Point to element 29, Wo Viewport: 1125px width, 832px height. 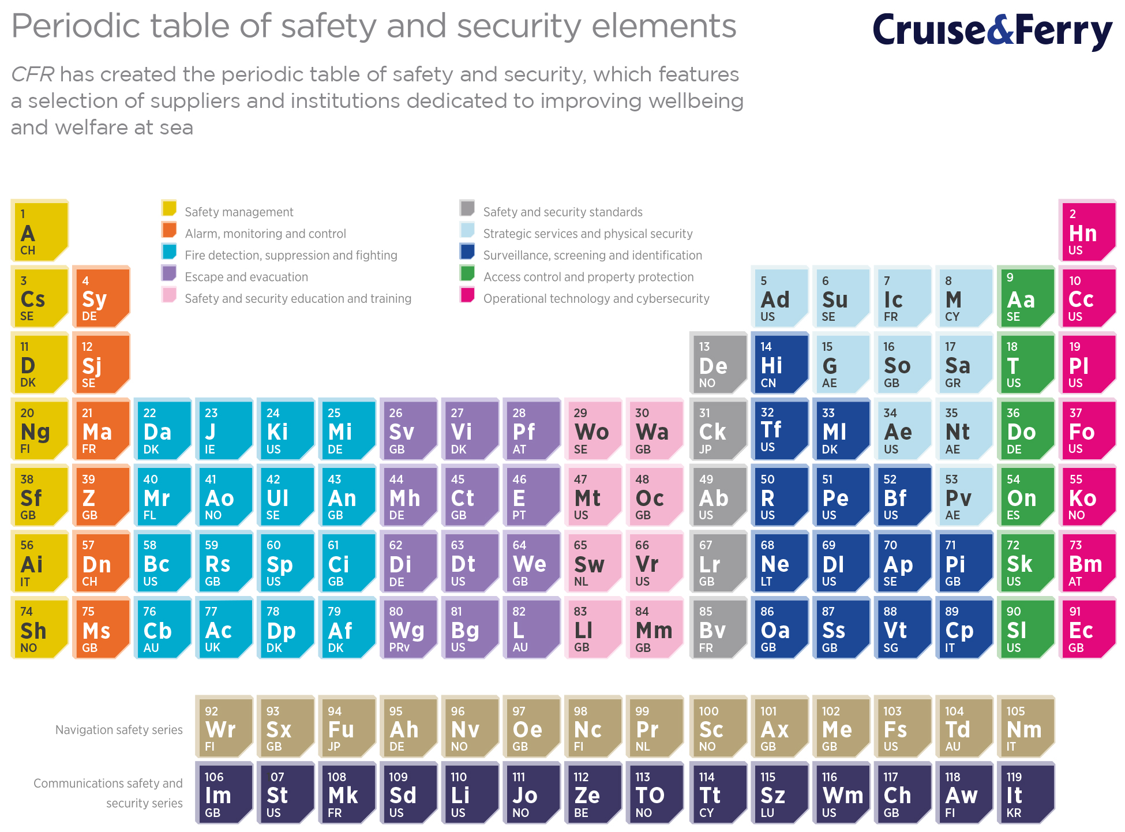(x=593, y=429)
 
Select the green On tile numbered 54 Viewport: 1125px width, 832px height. (x=1026, y=496)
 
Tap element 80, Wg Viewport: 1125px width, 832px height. (x=408, y=628)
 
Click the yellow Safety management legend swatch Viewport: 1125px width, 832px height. (x=169, y=208)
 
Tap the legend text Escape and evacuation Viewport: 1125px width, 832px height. (x=246, y=277)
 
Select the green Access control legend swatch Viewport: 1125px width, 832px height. (x=467, y=273)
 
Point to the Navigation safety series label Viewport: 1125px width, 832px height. (x=119, y=730)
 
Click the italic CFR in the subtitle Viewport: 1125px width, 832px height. (x=32, y=74)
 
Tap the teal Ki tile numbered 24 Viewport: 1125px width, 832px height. (x=286, y=429)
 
